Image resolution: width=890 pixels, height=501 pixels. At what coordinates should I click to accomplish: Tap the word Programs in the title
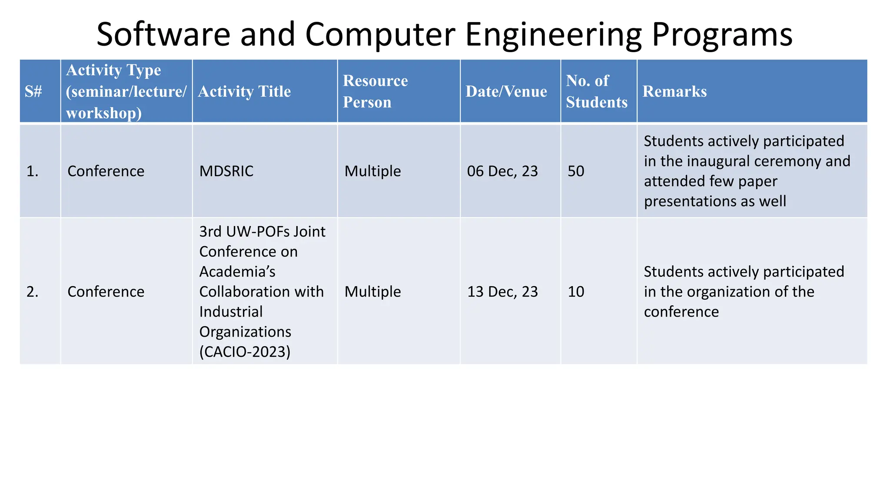[x=722, y=35]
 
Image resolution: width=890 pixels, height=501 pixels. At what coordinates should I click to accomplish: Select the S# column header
[x=33, y=91]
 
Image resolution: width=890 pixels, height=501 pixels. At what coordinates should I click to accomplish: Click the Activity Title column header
[x=244, y=91]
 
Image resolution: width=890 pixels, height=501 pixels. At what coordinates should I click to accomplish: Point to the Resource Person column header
[x=375, y=91]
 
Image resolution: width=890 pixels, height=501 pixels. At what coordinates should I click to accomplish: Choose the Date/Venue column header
[x=506, y=91]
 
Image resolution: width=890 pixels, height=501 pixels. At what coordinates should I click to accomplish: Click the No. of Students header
[x=597, y=91]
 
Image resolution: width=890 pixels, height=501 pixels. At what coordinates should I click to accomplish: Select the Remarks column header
[x=674, y=91]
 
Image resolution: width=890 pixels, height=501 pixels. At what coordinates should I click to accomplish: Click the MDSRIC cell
[x=226, y=171]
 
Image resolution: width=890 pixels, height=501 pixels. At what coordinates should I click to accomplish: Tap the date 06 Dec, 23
[x=502, y=171]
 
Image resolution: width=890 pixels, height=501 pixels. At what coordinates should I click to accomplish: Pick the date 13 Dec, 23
[x=502, y=291]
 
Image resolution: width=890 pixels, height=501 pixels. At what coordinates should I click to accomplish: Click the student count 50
[x=576, y=171]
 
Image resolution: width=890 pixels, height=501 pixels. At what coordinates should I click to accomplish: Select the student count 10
[x=576, y=291]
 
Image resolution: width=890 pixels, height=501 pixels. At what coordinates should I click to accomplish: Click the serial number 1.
[x=32, y=171]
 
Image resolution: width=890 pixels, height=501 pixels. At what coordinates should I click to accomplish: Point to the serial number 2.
[x=32, y=292]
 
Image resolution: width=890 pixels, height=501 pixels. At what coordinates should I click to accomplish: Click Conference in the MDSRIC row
[x=106, y=171]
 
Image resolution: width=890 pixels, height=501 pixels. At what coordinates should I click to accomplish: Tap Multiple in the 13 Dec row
[x=372, y=291]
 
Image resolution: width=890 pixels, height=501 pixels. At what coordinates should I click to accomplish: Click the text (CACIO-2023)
[x=245, y=351]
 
